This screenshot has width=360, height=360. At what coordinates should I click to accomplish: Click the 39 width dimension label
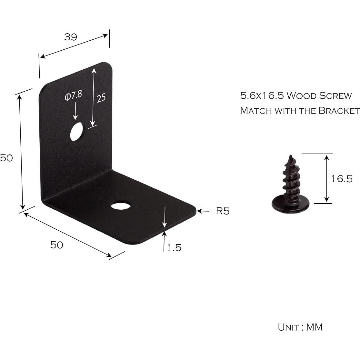(71, 37)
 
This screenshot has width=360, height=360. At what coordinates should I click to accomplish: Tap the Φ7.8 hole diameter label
(73, 96)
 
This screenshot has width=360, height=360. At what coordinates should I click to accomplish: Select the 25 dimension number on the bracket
(101, 97)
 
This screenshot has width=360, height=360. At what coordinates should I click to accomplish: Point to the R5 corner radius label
(223, 211)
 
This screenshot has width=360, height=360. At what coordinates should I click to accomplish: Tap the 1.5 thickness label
(174, 247)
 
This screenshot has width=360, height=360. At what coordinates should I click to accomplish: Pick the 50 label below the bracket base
(56, 245)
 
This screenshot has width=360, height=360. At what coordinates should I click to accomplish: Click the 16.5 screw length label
(342, 179)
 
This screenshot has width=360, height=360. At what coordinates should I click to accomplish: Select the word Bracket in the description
(339, 111)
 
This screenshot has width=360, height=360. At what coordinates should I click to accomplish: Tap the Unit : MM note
(300, 327)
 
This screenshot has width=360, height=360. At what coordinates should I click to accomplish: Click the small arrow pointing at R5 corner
(203, 211)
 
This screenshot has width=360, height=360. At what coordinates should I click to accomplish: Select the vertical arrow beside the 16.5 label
(327, 178)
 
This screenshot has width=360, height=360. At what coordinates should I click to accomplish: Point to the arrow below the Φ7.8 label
(75, 111)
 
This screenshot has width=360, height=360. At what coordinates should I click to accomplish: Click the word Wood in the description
(301, 96)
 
